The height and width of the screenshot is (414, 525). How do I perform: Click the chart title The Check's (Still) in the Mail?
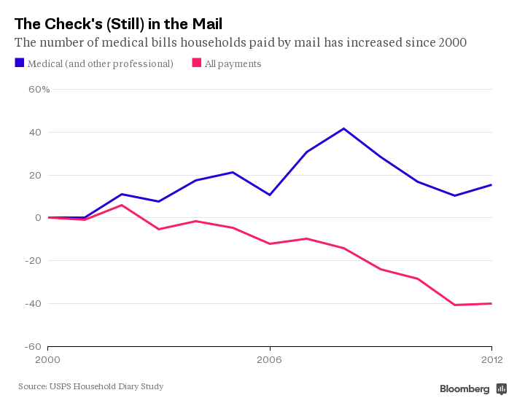[x=118, y=23]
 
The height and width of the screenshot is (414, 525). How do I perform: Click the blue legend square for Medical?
[x=19, y=63]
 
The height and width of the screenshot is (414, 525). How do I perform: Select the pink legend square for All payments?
[x=196, y=63]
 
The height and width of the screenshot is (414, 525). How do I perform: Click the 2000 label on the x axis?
[x=48, y=359]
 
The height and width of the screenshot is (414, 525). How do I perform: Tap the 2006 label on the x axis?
[x=270, y=359]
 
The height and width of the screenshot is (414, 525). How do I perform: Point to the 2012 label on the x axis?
[x=491, y=359]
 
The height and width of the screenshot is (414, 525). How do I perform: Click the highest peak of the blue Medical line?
[x=343, y=128]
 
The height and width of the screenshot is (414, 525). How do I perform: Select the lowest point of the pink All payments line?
[x=455, y=305]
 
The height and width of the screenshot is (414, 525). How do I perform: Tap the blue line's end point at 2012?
[x=491, y=184]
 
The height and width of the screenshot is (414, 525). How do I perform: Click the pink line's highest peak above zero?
[x=122, y=205]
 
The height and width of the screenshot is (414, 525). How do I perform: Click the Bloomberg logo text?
[x=464, y=389]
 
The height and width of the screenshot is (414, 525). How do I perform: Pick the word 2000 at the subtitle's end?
[x=453, y=43]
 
